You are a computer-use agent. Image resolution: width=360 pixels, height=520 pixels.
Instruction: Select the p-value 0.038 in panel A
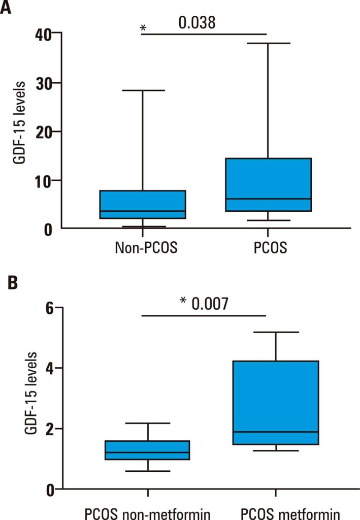[197, 22]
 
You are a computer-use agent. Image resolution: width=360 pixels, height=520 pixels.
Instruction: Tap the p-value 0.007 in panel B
[210, 303]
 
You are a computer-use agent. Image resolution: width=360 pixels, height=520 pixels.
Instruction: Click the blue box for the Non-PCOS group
[143, 204]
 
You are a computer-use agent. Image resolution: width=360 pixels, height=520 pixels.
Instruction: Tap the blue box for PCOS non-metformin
[147, 450]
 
